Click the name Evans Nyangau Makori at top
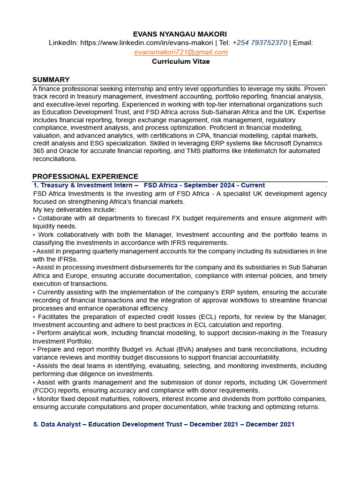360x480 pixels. pos(180,34)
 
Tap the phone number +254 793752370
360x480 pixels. pos(259,43)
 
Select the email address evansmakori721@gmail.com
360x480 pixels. pos(181,52)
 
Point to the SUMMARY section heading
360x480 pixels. pos(51,80)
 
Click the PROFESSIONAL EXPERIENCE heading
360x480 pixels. pos(85,176)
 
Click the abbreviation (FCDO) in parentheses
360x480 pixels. pos(45,390)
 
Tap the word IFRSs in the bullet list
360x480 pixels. pos(67,259)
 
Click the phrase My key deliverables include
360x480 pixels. pos(75,210)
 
